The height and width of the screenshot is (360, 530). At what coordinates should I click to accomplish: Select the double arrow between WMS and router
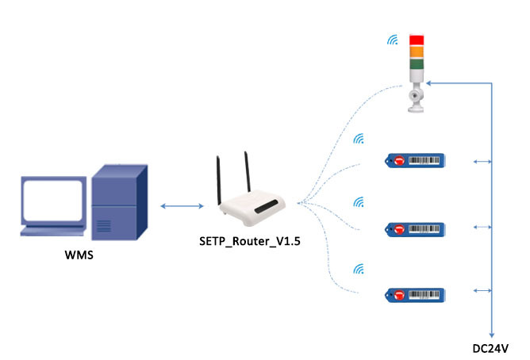tap(180, 207)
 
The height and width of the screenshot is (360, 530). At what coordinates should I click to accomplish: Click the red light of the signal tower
tap(416, 40)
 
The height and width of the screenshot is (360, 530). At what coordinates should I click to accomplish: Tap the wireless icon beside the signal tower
tap(392, 40)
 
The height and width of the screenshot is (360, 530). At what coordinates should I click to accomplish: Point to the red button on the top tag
tap(399, 162)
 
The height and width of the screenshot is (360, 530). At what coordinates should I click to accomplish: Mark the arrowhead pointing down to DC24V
tap(492, 334)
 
